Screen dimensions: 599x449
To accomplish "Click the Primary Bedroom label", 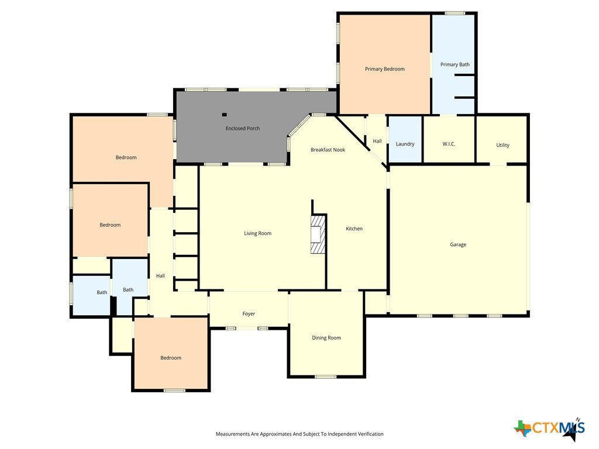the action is tap(384, 69).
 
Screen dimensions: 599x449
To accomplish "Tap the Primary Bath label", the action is tap(455, 64).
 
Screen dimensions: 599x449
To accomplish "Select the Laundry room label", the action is tap(405, 144).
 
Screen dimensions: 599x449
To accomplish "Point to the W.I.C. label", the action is tap(449, 144).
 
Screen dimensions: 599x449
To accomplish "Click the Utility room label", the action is tap(502, 145).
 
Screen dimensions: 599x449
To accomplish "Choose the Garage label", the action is tap(458, 245).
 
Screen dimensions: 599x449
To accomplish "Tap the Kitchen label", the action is tap(354, 229).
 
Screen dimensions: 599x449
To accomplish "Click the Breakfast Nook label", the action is tap(328, 150).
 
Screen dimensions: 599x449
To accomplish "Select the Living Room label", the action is tap(258, 233).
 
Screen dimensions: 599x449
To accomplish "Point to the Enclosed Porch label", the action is tap(243, 128).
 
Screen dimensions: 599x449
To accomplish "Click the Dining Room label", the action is tap(326, 338).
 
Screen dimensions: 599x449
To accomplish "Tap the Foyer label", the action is tap(249, 314).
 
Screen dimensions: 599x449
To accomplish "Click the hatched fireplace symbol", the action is tap(318, 234).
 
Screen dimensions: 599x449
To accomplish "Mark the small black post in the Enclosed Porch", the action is tap(224, 115).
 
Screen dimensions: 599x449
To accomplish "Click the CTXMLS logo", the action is tap(549, 428).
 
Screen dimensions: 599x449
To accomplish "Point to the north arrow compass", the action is tap(572, 431).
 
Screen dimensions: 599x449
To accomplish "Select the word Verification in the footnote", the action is tap(371, 434).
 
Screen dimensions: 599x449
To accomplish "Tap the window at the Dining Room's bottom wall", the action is tap(325, 377).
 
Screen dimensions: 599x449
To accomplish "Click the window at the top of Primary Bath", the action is tap(455, 13).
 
